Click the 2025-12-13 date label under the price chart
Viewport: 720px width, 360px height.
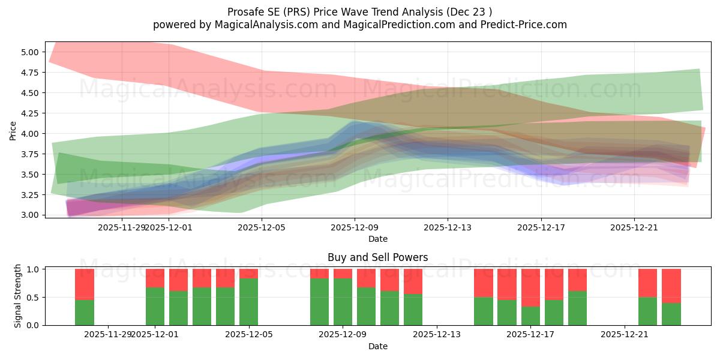tap(448, 227)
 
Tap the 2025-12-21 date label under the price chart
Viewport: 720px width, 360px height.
tap(634, 227)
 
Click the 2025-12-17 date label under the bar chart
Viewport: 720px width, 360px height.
tap(530, 335)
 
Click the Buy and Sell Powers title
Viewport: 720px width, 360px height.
tap(377, 257)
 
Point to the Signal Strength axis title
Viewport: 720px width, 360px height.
tap(18, 296)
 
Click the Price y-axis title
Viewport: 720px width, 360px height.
tap(13, 130)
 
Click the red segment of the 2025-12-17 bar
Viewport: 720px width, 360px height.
tap(530, 287)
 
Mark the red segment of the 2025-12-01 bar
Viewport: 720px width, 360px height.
tap(155, 278)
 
